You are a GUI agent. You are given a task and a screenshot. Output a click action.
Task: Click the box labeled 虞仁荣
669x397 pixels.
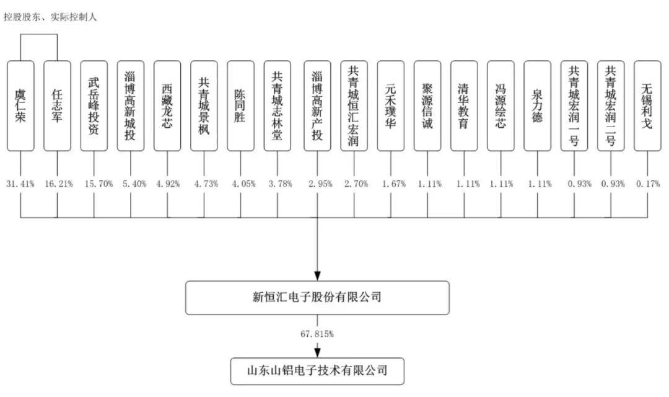pyautogui.click(x=20, y=106)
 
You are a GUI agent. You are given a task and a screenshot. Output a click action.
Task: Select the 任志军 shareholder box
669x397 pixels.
pyautogui.click(x=57, y=106)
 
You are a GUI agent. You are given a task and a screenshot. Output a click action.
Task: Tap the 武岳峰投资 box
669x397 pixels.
pyautogui.click(x=94, y=106)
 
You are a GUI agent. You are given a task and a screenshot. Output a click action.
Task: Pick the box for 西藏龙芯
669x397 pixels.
pyautogui.click(x=167, y=106)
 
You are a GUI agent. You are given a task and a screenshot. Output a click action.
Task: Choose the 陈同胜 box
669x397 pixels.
pyautogui.click(x=240, y=106)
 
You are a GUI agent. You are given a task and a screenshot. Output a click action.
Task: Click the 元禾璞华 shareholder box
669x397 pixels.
pyautogui.click(x=391, y=106)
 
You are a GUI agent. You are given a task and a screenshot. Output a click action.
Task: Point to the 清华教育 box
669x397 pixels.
pyautogui.click(x=464, y=106)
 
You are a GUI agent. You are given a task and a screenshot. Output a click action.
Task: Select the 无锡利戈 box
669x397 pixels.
pyautogui.click(x=648, y=106)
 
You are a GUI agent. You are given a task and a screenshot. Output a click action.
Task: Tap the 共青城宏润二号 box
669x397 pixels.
pyautogui.click(x=611, y=106)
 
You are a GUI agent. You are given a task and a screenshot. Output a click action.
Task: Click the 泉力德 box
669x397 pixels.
pyautogui.click(x=538, y=106)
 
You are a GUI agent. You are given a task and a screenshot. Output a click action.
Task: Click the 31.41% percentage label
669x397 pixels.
pyautogui.click(x=20, y=184)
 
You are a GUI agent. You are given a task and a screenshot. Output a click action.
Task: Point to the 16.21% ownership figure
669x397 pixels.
pyautogui.click(x=59, y=184)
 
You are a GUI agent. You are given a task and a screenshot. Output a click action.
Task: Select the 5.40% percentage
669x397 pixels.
pyautogui.click(x=134, y=184)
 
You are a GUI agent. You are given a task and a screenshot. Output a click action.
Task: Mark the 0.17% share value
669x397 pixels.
pyautogui.click(x=648, y=184)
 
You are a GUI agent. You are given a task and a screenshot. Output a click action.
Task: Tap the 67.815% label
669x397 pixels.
pyautogui.click(x=317, y=334)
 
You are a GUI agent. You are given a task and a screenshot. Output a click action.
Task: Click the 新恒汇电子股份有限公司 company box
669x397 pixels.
pyautogui.click(x=317, y=298)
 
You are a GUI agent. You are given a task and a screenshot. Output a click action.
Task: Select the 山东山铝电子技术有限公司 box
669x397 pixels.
pyautogui.click(x=317, y=372)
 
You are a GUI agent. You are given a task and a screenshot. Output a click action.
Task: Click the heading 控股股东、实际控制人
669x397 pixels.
pyautogui.click(x=50, y=17)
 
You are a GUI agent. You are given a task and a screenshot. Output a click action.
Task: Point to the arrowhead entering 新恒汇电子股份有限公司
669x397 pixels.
pyautogui.click(x=317, y=276)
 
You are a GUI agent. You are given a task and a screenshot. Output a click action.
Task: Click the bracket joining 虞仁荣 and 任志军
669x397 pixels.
pyautogui.click(x=39, y=35)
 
